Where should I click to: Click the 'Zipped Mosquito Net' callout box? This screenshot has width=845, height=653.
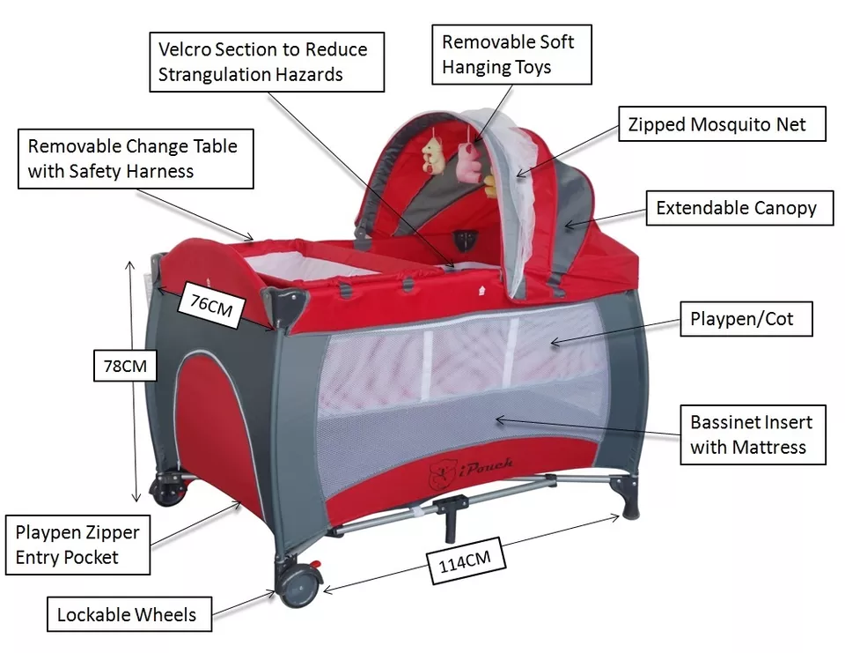(717, 124)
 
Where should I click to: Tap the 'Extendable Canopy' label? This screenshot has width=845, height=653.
(737, 209)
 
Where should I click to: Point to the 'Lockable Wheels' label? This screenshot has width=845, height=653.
(127, 614)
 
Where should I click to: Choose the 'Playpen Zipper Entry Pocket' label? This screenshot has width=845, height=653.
(77, 545)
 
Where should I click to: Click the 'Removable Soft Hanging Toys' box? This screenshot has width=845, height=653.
(508, 55)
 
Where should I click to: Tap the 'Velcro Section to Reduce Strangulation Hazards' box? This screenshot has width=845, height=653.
(262, 61)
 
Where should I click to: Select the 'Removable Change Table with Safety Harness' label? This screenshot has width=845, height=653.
(133, 158)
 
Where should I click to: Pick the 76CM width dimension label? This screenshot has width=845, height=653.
(211, 305)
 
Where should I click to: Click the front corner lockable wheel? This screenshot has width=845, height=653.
(298, 583)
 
